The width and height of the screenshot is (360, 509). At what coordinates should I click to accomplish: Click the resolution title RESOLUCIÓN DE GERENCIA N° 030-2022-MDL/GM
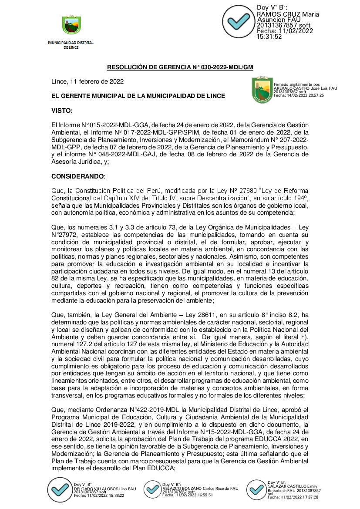pyautogui.click(x=180, y=67)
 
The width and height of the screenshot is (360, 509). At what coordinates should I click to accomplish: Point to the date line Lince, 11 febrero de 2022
pyautogui.click(x=87, y=81)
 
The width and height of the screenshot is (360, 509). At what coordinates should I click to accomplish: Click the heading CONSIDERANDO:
pyautogui.click(x=78, y=176)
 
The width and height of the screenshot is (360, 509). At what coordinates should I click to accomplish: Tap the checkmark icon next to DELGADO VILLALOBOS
pyautogui.click(x=59, y=490)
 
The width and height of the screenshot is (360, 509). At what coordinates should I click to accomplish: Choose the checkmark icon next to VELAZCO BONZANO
pyautogui.click(x=153, y=489)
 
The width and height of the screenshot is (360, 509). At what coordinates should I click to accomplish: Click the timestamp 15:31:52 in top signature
pyautogui.click(x=269, y=37)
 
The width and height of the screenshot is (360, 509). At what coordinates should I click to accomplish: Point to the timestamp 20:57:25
pyautogui.click(x=315, y=95)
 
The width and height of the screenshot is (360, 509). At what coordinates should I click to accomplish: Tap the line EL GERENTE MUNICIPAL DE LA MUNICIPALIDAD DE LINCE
pyautogui.click(x=138, y=96)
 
